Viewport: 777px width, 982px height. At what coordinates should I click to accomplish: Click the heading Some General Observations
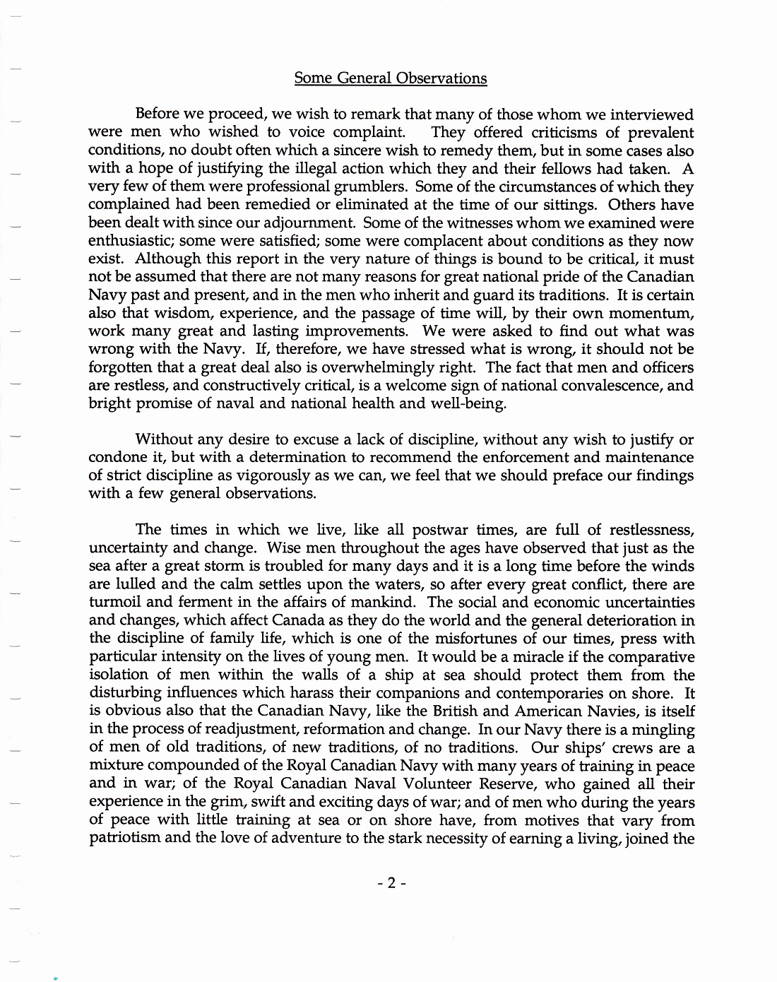tap(390, 78)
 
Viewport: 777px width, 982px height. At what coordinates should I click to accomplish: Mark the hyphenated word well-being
tap(470, 404)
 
